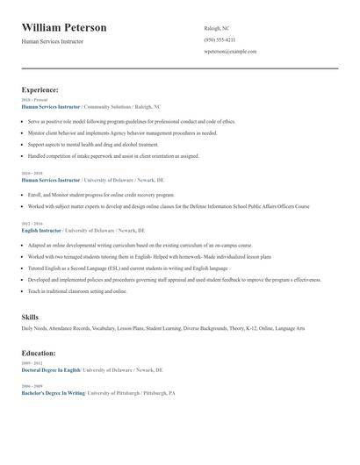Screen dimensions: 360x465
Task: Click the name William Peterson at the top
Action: pos(64,28)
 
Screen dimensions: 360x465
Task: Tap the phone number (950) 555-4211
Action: pos(220,39)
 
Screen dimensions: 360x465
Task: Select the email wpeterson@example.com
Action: pos(230,52)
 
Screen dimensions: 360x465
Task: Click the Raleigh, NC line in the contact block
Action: pos(217,28)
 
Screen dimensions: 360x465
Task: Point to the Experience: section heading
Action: pos(40,89)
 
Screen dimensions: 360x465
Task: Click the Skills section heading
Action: pos(31,316)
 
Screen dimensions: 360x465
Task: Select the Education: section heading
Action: pos(39,353)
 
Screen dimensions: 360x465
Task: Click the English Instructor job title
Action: pos(41,230)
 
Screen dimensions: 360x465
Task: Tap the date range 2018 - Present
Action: pos(36,100)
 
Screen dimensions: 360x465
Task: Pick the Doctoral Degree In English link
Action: pos(51,370)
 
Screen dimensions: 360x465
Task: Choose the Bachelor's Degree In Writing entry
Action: pos(53,393)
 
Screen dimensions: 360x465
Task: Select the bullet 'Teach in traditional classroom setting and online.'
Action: pos(77,291)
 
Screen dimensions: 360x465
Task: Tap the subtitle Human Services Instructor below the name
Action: pos(53,41)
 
